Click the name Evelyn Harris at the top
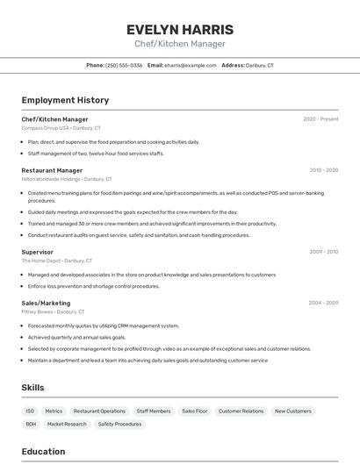tap(180, 29)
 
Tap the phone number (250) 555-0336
tap(124, 65)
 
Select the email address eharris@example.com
tap(190, 65)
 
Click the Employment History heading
tap(65, 100)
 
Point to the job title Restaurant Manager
tap(52, 170)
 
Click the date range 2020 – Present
tap(320, 119)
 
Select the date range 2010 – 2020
tap(324, 170)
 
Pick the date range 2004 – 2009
tap(323, 303)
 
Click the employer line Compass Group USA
tap(61, 128)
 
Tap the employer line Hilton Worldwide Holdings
tap(67, 179)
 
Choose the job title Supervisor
tap(37, 252)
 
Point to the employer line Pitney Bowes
tap(53, 311)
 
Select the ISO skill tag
tap(30, 411)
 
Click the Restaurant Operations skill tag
tap(99, 411)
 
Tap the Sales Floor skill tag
tap(194, 411)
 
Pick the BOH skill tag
tap(31, 424)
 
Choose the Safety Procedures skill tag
tap(119, 424)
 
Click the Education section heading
tap(43, 452)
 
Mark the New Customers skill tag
tap(292, 411)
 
